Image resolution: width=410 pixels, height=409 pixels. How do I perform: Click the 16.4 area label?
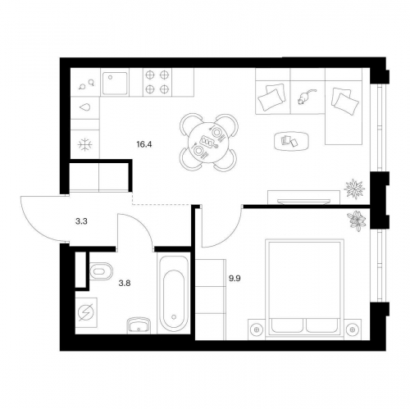pyautogui.click(x=144, y=144)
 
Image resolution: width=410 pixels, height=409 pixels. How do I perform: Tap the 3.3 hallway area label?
pyautogui.click(x=81, y=221)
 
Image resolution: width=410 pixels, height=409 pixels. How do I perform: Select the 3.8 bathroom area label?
pyautogui.click(x=125, y=284)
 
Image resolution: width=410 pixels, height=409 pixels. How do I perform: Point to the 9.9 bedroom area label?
pyautogui.click(x=235, y=279)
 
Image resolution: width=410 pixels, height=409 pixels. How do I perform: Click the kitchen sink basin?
pyautogui.click(x=115, y=83)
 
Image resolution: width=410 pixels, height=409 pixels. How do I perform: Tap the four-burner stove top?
pyautogui.click(x=157, y=82)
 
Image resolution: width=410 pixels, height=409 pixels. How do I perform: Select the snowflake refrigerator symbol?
pyautogui.click(x=85, y=144)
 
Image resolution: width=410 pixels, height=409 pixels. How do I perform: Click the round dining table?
pyautogui.click(x=209, y=143)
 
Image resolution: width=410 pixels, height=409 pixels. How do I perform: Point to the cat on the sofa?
pyautogui.click(x=306, y=97)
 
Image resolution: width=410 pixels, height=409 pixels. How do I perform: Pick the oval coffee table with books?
pyautogui.click(x=291, y=141)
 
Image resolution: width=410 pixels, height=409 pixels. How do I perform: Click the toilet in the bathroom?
pyautogui.click(x=101, y=271)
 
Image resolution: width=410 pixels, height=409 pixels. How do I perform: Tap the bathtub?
pyautogui.click(x=174, y=293)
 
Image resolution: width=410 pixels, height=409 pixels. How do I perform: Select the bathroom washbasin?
pyautogui.click(x=139, y=325)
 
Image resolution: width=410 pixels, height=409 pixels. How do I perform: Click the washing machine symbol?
pyautogui.click(x=86, y=312)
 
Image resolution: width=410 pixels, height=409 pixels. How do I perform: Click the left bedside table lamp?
pyautogui.click(x=257, y=329)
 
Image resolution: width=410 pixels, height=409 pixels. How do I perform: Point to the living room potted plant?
pyautogui.click(x=354, y=188)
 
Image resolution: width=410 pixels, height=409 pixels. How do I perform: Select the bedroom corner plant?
pyautogui.click(x=357, y=220)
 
